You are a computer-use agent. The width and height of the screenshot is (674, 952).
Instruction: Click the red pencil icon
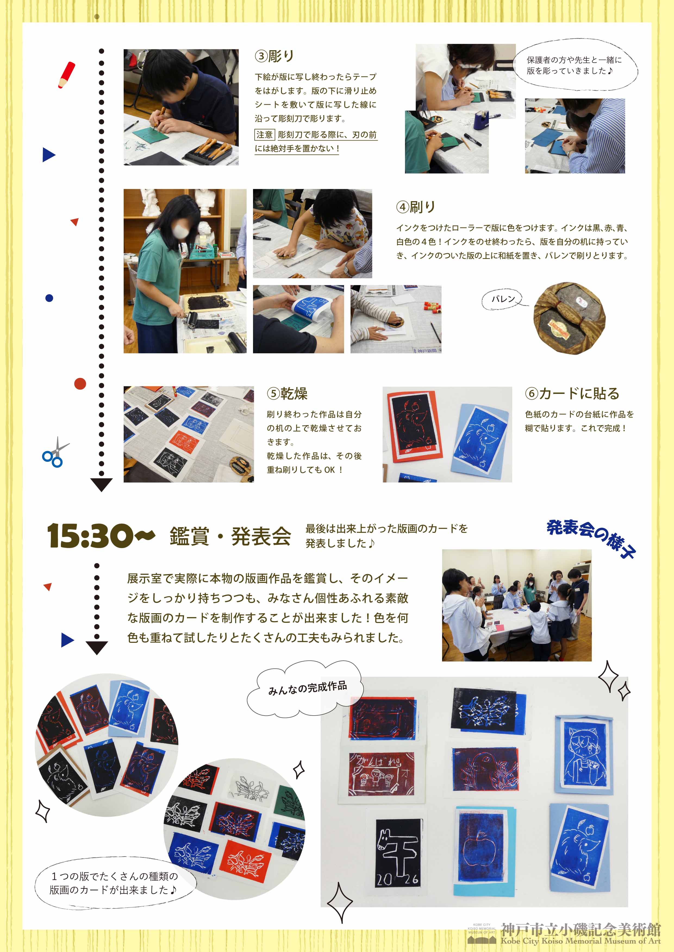pos(66,75)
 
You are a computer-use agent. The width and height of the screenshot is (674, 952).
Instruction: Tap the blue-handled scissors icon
pos(55,453)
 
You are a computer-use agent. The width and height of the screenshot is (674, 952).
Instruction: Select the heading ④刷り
pos(416,207)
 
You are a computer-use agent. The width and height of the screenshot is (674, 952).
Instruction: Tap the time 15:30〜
pos(101,536)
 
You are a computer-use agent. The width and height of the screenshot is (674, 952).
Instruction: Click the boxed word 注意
pos(264,135)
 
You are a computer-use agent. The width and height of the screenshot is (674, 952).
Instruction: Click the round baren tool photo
pos(569,318)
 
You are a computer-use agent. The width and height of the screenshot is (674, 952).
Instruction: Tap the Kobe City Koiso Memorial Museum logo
pos(564,934)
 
